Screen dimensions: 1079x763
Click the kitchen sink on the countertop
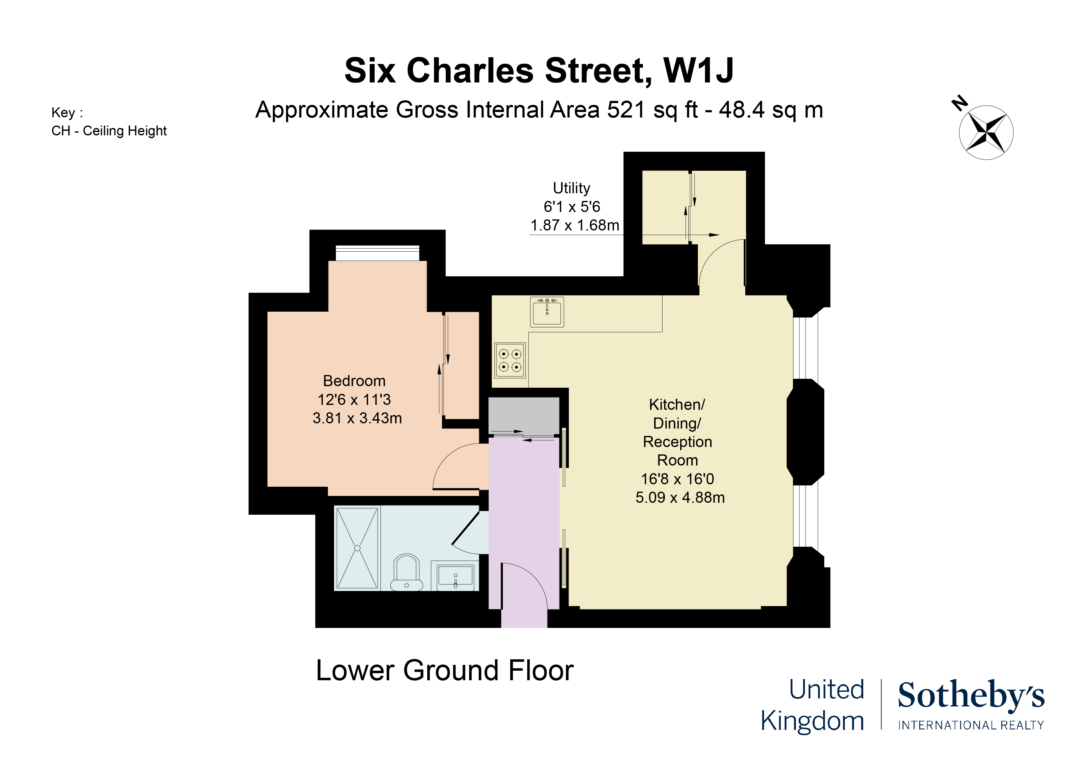pyautogui.click(x=547, y=312)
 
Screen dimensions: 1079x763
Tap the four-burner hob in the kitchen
pyautogui.click(x=510, y=360)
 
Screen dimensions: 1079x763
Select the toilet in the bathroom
pyautogui.click(x=407, y=572)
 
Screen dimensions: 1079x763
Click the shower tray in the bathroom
pyautogui.click(x=357, y=548)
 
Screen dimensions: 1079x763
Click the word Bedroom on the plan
pyautogui.click(x=354, y=381)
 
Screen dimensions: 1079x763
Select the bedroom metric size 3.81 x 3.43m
pyautogui.click(x=357, y=418)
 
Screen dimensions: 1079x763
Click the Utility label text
pyautogui.click(x=571, y=188)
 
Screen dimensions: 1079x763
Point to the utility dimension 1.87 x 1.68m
pyautogui.click(x=575, y=226)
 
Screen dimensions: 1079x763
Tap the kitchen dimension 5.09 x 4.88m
pyautogui.click(x=680, y=497)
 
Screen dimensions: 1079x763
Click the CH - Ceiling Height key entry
pyautogui.click(x=109, y=131)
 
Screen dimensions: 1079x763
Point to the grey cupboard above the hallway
pyautogui.click(x=524, y=416)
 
